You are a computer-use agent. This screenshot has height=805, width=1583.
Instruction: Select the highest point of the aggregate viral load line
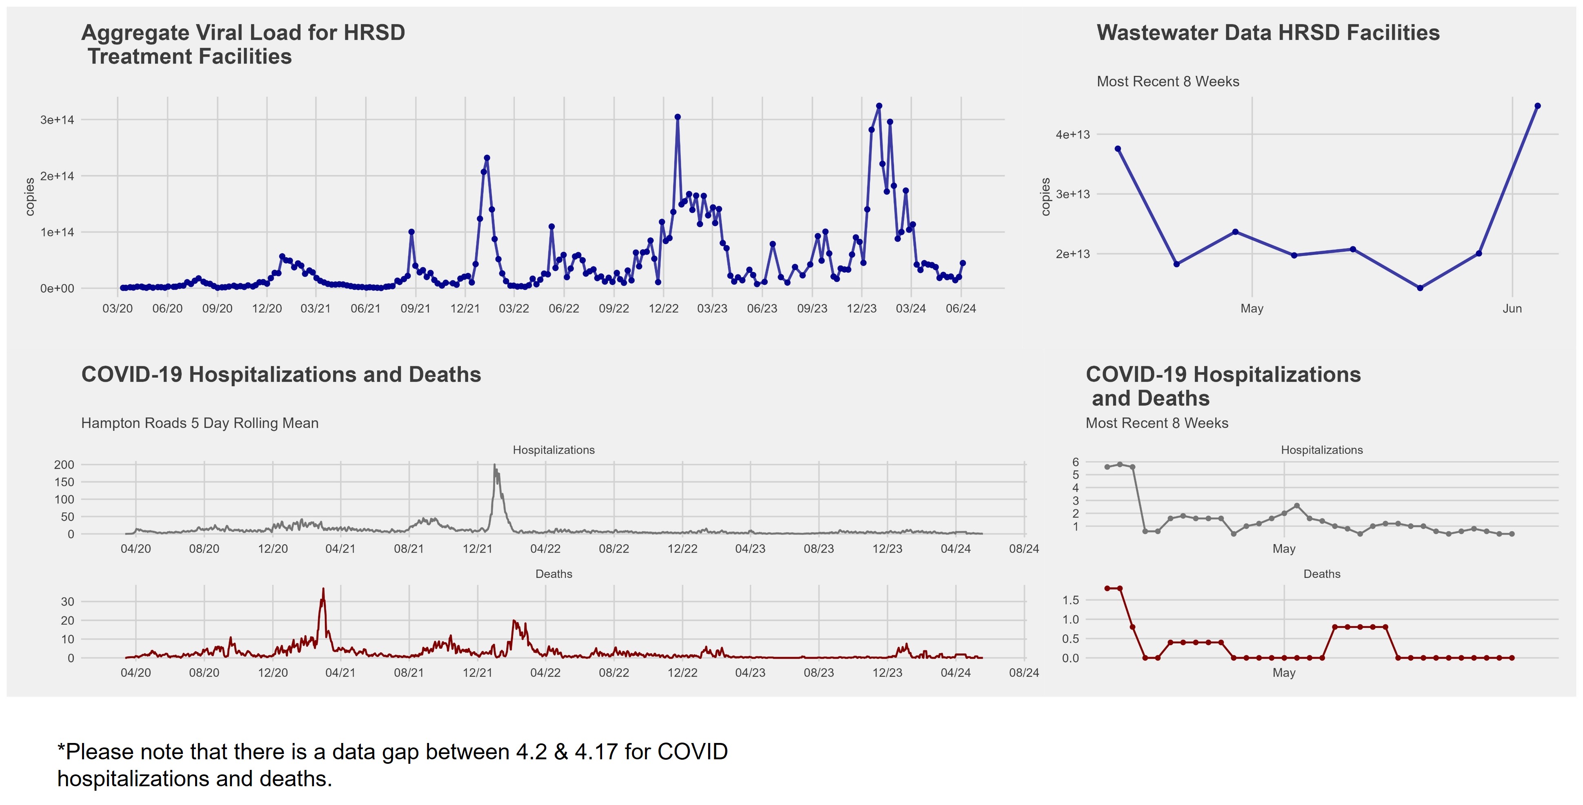(x=879, y=106)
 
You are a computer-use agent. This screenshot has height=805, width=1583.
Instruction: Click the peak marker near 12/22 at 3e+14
(x=677, y=117)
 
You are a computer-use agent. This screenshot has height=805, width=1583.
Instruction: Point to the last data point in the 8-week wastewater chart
(x=1538, y=106)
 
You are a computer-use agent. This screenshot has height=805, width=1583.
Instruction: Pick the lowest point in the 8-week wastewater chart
(x=1420, y=288)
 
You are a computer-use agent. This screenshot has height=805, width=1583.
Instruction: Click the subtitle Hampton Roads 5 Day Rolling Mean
(x=200, y=423)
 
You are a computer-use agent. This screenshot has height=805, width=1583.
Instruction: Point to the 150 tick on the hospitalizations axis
(x=64, y=482)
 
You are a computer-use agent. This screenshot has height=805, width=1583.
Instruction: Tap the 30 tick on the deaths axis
(x=68, y=602)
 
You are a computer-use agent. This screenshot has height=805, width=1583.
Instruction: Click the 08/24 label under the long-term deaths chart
(x=1024, y=672)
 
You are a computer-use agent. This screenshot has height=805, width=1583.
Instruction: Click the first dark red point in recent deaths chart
(x=1107, y=588)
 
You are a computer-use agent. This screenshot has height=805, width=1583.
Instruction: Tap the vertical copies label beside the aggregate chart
(x=29, y=197)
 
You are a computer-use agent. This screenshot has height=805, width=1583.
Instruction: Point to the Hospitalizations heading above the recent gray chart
(x=1321, y=450)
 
